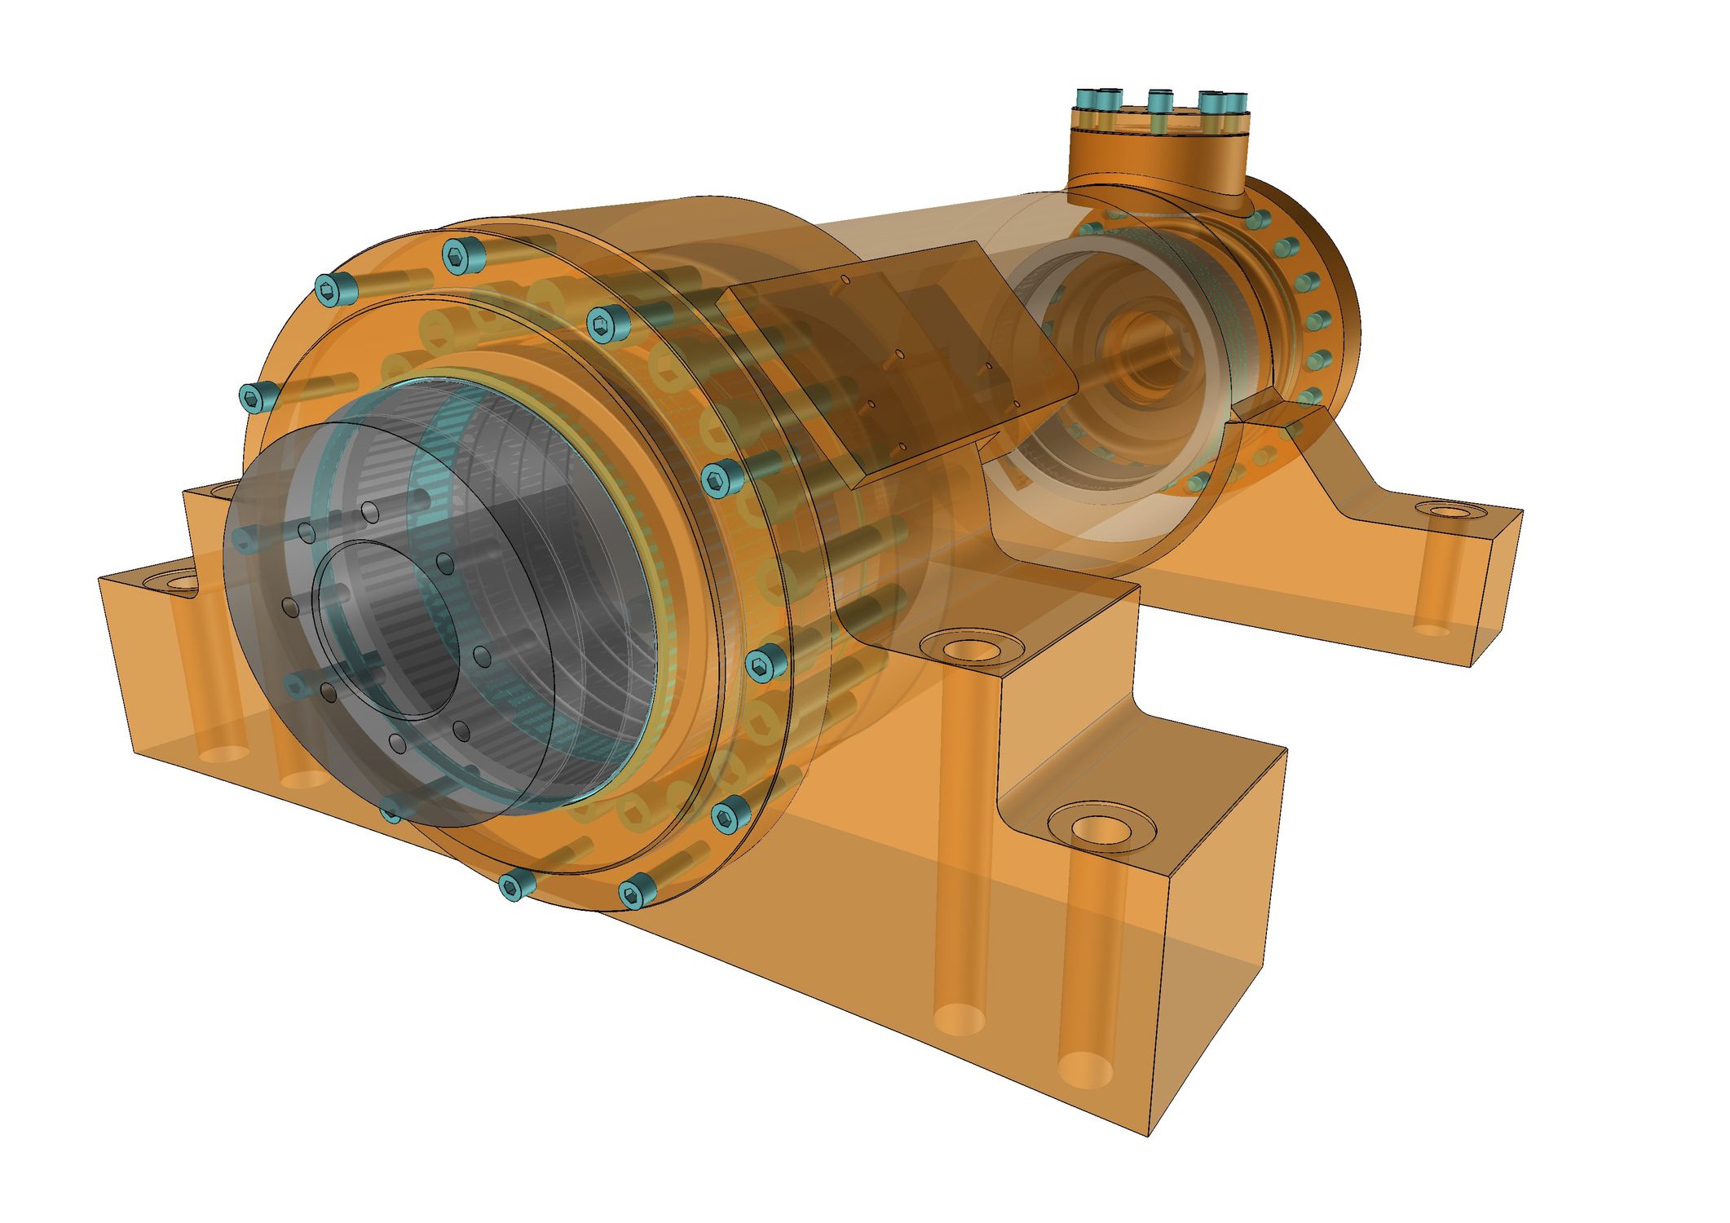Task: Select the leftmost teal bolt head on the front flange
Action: click(x=253, y=397)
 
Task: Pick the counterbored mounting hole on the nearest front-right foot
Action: click(x=1102, y=828)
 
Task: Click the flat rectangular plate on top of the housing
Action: click(x=897, y=359)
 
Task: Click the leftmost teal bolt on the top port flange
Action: click(x=1088, y=99)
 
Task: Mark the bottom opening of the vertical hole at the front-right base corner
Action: click(x=1084, y=1068)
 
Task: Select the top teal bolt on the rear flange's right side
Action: click(x=1260, y=219)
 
